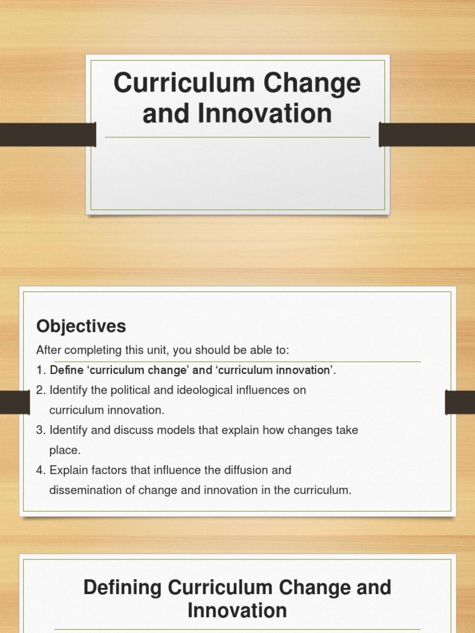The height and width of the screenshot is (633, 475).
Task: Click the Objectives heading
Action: pyautogui.click(x=81, y=326)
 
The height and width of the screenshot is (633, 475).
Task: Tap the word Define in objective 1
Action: pyautogui.click(x=66, y=370)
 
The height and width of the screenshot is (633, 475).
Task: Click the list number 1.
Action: pyautogui.click(x=40, y=370)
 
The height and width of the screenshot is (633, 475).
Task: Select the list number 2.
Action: pyautogui.click(x=40, y=390)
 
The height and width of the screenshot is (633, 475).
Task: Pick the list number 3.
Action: pyautogui.click(x=40, y=430)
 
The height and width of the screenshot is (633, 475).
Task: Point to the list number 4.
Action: pyautogui.click(x=40, y=470)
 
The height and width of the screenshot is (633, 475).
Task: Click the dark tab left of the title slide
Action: pyautogui.click(x=47, y=134)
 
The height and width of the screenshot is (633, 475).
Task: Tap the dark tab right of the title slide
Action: pyautogui.click(x=427, y=134)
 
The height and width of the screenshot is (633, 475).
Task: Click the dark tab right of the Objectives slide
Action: pyautogui.click(x=460, y=402)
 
